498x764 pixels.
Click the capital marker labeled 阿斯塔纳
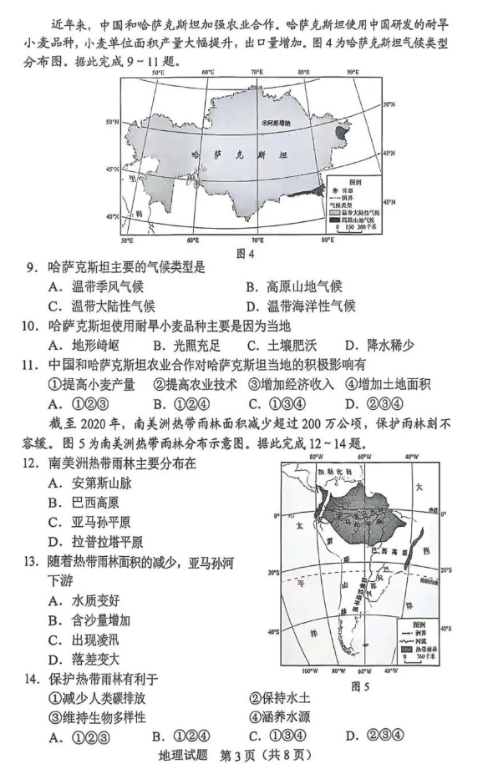(x=264, y=123)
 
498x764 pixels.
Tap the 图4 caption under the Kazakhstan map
(x=246, y=255)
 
